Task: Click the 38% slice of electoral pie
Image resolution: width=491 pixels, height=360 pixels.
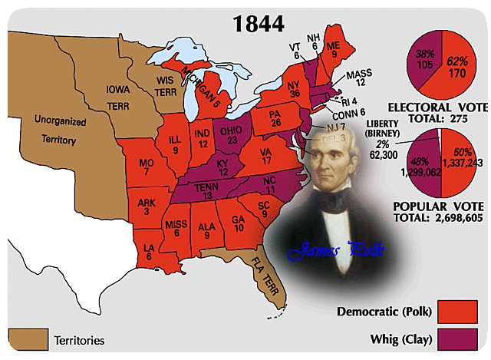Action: point(423,61)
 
